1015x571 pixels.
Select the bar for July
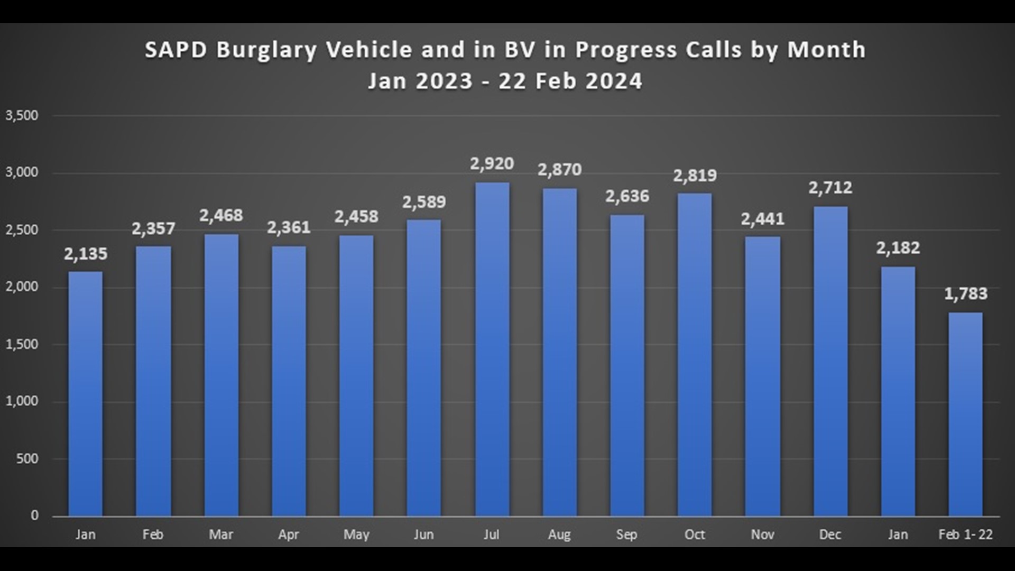point(492,349)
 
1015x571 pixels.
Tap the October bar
point(695,354)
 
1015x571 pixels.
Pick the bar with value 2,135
point(86,394)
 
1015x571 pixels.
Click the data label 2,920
point(492,164)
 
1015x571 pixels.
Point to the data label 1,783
point(965,294)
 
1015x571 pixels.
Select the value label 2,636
point(627,196)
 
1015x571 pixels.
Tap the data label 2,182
point(898,248)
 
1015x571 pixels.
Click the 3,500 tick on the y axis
point(22,115)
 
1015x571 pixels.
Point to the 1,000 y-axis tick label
point(22,401)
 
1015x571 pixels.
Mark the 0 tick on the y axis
point(35,515)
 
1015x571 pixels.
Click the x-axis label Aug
point(559,535)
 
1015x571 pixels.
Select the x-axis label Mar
point(220,535)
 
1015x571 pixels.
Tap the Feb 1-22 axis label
point(965,535)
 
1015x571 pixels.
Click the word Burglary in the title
point(266,50)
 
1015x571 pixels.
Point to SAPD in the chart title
point(177,50)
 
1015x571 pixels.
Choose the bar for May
point(356,375)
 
